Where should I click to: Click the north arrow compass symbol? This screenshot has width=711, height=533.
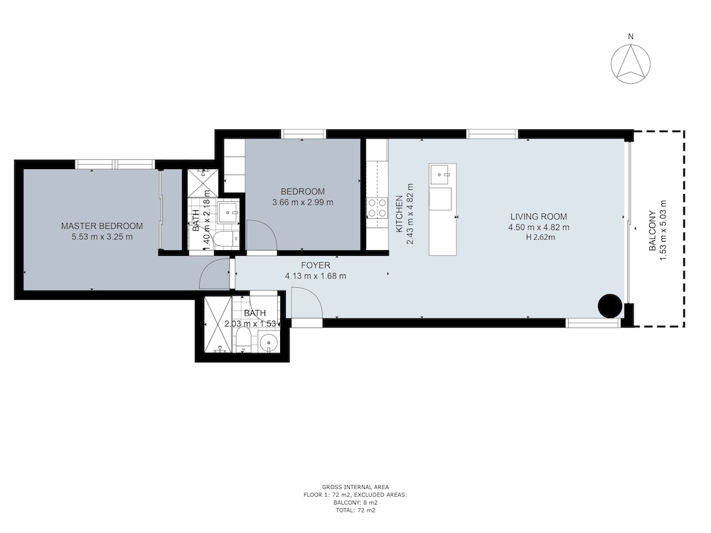tap(630, 64)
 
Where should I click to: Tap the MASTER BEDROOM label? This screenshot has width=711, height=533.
tap(102, 226)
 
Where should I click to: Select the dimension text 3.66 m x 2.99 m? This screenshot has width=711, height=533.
tap(302, 202)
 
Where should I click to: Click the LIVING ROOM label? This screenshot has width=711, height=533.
tap(539, 217)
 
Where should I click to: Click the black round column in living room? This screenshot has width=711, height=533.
tap(610, 306)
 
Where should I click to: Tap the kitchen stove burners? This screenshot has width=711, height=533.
tap(378, 208)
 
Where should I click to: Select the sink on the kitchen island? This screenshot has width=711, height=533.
tap(441, 175)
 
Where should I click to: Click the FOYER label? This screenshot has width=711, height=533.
tap(316, 265)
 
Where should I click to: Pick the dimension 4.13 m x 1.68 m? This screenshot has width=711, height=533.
tap(316, 276)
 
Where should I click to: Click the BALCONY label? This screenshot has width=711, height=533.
tap(652, 231)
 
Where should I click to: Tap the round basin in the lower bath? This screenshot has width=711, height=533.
tap(269, 342)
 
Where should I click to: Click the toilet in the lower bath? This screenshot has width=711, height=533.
tap(243, 340)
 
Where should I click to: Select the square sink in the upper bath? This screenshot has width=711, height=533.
tap(229, 212)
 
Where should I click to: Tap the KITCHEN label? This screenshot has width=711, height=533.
tap(400, 214)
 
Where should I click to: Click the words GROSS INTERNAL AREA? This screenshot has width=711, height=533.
tap(355, 488)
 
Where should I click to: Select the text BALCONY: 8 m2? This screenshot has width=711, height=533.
tap(355, 502)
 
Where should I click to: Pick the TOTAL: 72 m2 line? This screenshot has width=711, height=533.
tap(355, 510)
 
